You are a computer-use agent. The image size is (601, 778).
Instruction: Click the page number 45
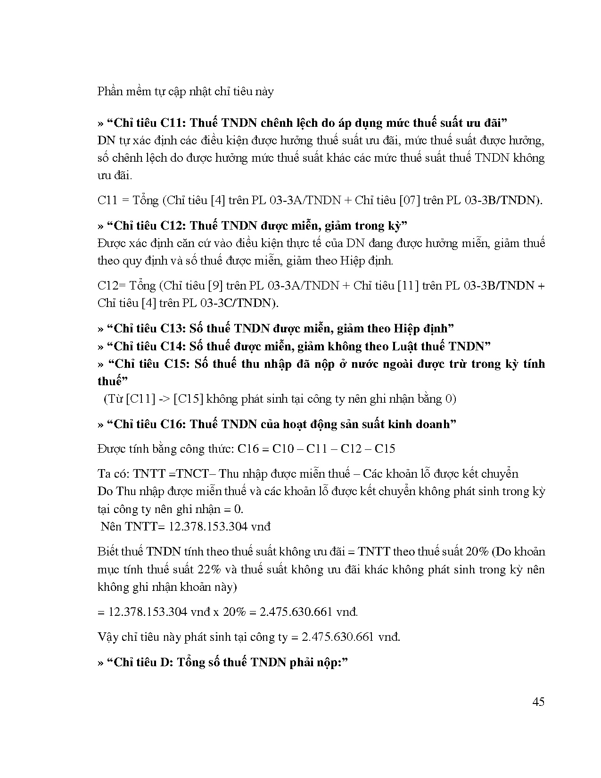[x=538, y=702]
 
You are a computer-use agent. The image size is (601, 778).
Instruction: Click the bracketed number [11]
[x=408, y=286]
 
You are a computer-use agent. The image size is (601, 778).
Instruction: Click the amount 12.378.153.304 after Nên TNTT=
[x=208, y=527]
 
